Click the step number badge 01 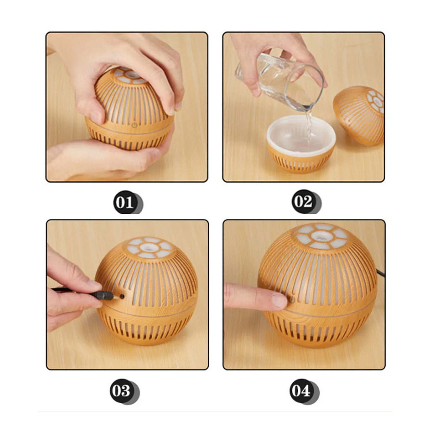click(x=125, y=202)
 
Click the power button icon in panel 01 click(x=135, y=125)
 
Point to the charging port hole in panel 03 click(x=122, y=296)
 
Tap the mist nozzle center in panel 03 click(x=148, y=247)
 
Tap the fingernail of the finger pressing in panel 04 click(x=279, y=301)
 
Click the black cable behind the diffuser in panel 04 click(x=380, y=272)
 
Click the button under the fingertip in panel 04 click(x=292, y=300)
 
